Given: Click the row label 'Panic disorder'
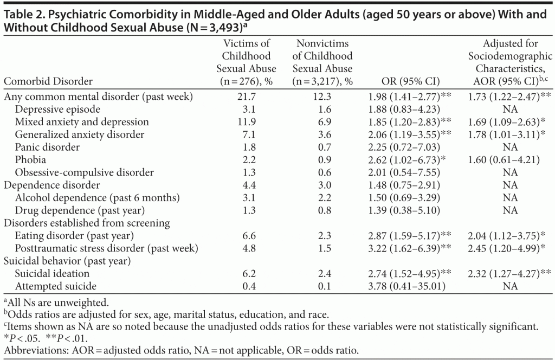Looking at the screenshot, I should tap(47, 147).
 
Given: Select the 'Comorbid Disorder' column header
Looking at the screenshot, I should tap(48, 81).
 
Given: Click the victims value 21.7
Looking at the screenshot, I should tap(247, 97).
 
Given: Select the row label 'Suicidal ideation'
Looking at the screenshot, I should tap(51, 273).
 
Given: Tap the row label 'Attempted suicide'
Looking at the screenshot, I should tap(56, 286).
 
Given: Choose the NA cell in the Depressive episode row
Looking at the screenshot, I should tap(509, 110).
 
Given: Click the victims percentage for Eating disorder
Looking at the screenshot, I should tap(247, 235).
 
